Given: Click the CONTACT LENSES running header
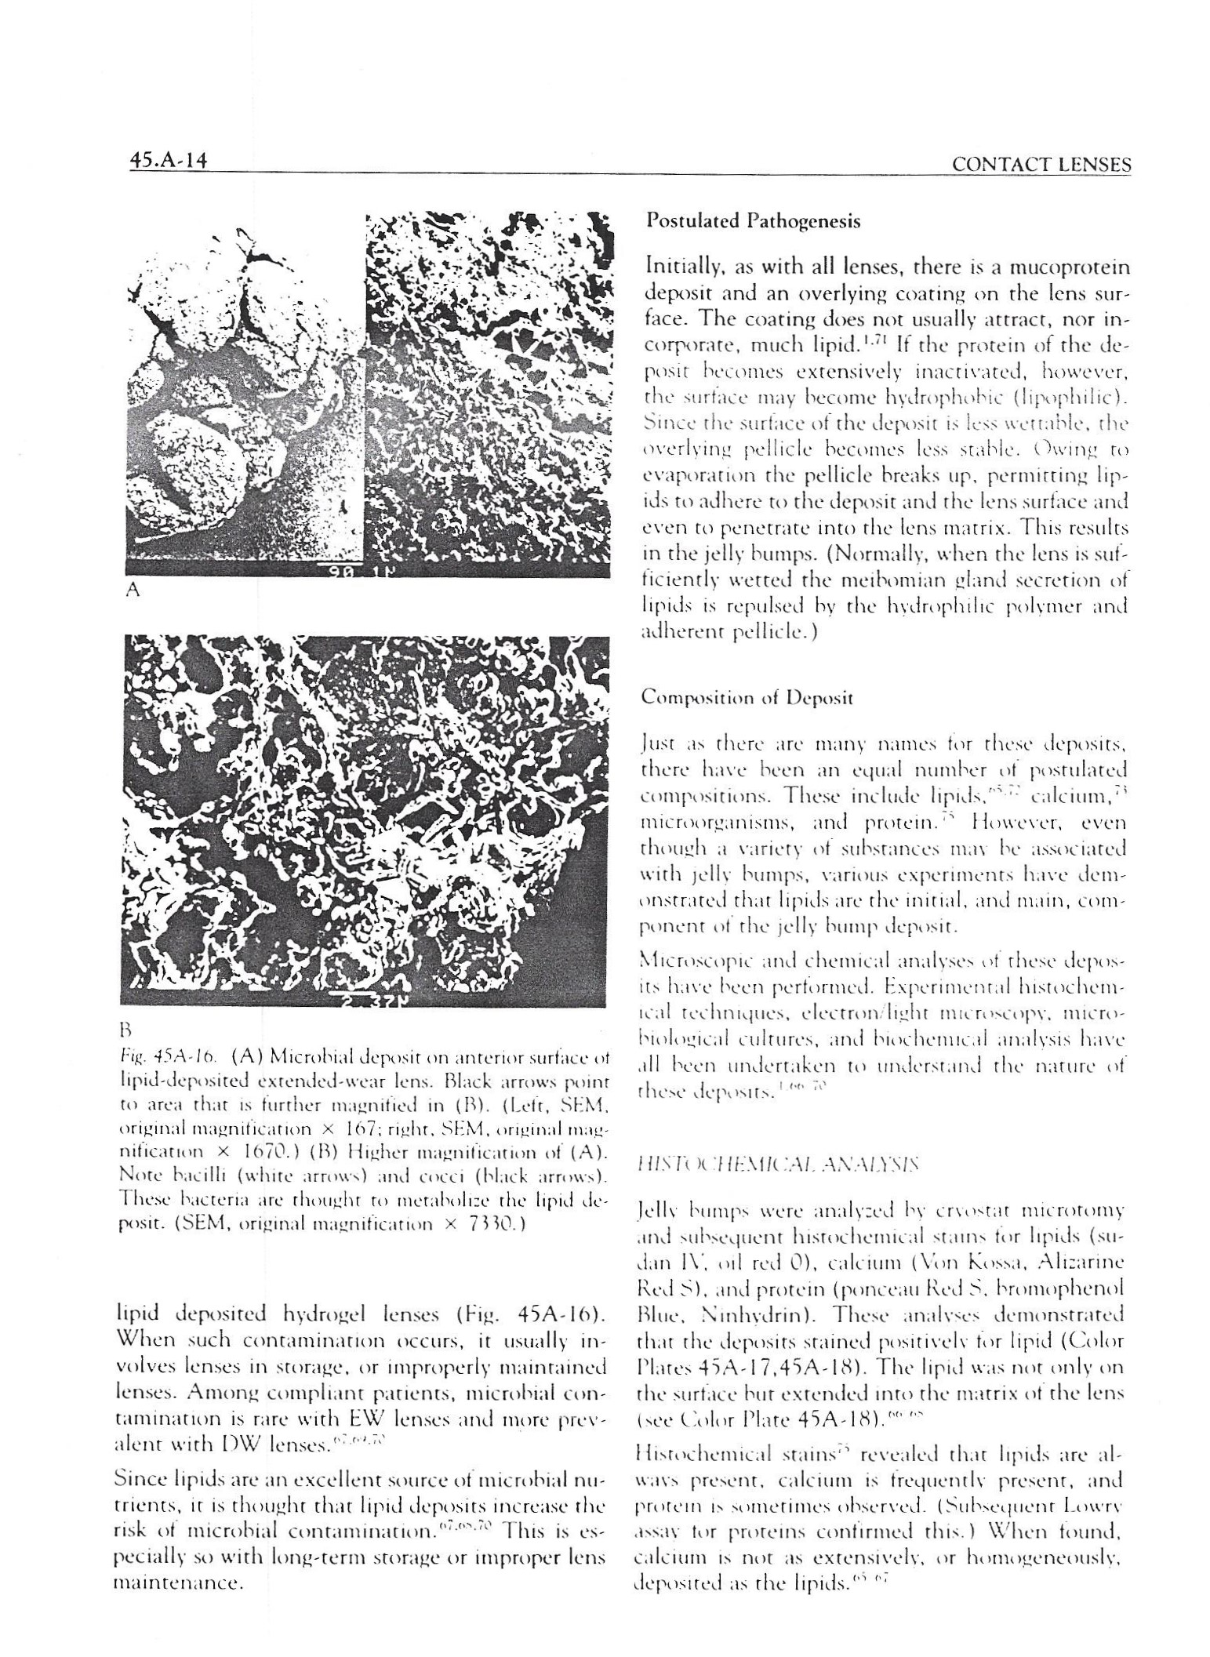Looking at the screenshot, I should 1040,165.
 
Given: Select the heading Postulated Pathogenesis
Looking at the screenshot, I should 752,222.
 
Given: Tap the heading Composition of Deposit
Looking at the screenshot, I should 747,697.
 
